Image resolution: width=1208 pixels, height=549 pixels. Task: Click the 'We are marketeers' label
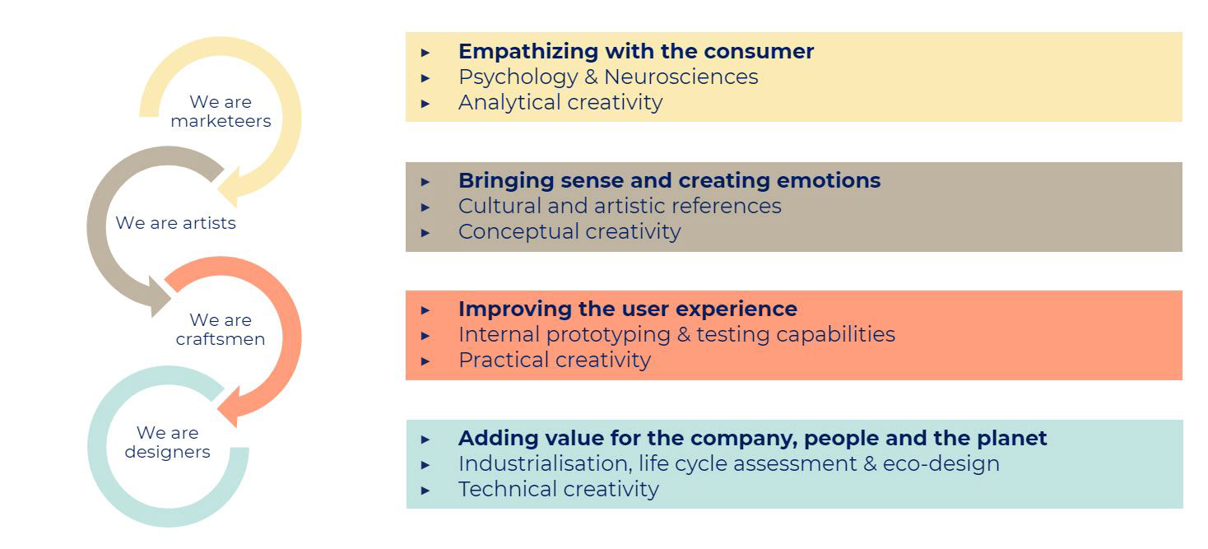[x=221, y=111]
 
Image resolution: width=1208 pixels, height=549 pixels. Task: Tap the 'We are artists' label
[x=176, y=223]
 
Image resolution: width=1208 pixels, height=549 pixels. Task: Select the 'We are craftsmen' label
[x=221, y=329]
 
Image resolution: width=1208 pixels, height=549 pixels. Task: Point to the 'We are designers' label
[x=167, y=442]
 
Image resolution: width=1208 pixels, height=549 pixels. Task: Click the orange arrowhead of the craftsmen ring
[x=230, y=407]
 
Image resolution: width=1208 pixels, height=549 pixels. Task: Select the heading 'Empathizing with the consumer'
[x=636, y=51]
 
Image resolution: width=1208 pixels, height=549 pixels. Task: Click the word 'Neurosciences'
[x=681, y=77]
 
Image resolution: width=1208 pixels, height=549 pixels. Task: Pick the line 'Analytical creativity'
[x=560, y=102]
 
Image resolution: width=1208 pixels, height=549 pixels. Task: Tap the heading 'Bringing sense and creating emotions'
[x=669, y=180]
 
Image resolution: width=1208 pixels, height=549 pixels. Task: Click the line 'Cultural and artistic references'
[x=620, y=206]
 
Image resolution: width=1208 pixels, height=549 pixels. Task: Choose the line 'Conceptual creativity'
[x=569, y=231]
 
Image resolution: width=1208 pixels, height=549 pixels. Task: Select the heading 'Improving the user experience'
[x=628, y=309]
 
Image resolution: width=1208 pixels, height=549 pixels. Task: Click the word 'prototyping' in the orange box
[x=608, y=335]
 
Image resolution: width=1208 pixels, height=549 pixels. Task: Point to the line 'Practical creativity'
[x=555, y=360]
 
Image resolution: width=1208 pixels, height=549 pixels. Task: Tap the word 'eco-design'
[x=941, y=463]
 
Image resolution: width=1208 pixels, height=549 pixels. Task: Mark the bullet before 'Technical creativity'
[x=425, y=491]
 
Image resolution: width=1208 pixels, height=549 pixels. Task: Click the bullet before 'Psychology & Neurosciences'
[x=425, y=78]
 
